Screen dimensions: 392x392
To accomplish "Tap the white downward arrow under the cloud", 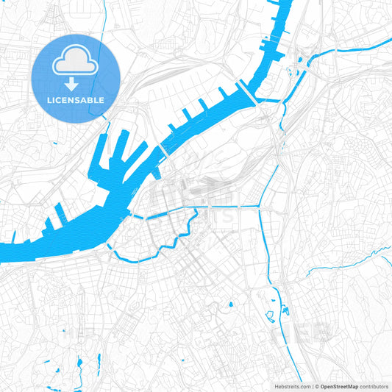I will coord(76,83).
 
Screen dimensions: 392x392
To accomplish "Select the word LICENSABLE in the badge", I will coord(76,99).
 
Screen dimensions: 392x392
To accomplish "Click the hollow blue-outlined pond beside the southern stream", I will coord(268,317).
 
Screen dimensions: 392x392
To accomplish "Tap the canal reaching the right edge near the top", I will coord(360,49).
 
